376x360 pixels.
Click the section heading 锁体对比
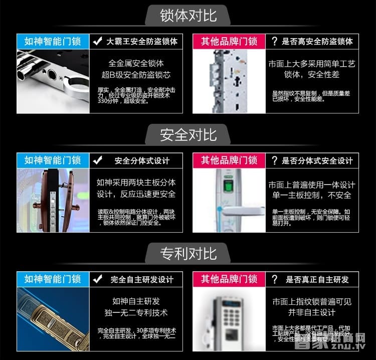[188, 15]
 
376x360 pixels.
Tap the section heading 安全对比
[188, 134]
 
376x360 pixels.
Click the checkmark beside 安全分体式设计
[98, 160]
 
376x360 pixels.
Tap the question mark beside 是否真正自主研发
[274, 279]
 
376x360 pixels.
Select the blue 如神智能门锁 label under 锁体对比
[53, 41]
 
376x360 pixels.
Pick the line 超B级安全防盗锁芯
[136, 75]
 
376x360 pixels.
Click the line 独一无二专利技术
[136, 313]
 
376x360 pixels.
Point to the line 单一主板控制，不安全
[311, 195]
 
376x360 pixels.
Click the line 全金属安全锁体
[136, 64]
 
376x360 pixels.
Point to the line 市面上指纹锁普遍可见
[311, 301]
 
